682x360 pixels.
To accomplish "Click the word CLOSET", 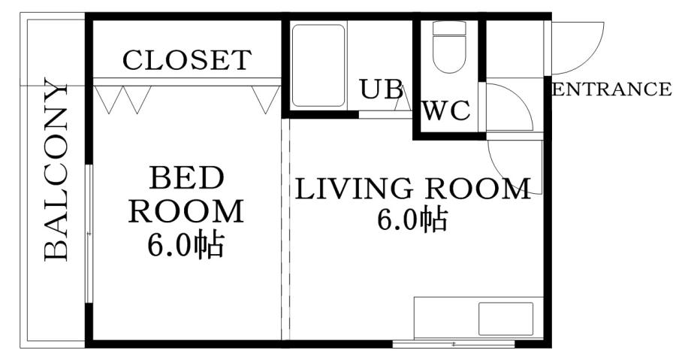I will [x=187, y=60].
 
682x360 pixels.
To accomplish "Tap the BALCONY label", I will [x=57, y=169].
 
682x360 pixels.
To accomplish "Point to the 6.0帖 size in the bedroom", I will [x=186, y=245].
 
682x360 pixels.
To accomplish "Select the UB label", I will [x=380, y=89].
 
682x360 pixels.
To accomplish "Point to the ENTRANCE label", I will [x=611, y=90].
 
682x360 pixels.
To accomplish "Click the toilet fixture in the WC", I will [x=450, y=47].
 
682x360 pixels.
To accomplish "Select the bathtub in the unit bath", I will [x=318, y=65].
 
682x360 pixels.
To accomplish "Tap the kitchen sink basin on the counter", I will [x=505, y=319].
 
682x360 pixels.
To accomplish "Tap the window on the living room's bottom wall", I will [x=454, y=343].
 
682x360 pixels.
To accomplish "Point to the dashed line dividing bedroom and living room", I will [x=285, y=225].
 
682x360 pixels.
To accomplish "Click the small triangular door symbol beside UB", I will [x=403, y=99].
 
